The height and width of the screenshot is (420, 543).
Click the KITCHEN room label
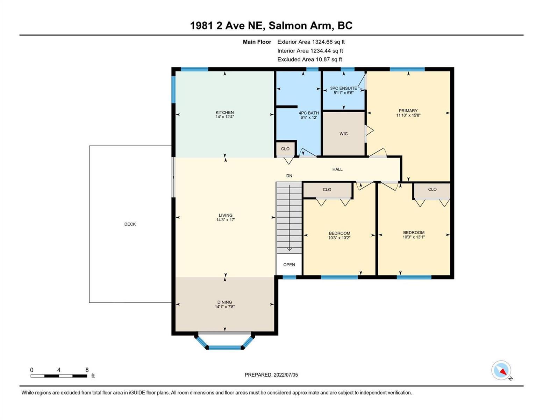pos(224,112)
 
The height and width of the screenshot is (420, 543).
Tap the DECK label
pos(130,224)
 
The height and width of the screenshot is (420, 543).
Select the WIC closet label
pos(343,134)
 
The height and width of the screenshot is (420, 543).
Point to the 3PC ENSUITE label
pos(343,88)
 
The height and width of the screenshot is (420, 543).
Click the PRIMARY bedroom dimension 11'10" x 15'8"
pos(408,115)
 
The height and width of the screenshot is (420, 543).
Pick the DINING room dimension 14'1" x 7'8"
pos(224,307)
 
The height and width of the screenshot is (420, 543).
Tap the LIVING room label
pos(226,215)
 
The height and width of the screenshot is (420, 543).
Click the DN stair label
pos(289,176)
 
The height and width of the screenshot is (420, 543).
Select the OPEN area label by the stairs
pos(289,265)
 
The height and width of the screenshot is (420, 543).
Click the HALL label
pos(337,169)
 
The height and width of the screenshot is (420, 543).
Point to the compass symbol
pos(501,370)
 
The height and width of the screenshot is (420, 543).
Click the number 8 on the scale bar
pos(87,370)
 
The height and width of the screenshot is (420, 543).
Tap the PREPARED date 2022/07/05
pos(286,375)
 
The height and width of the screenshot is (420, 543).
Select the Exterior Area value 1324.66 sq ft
pos(328,42)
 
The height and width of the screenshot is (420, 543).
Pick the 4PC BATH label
pos(309,113)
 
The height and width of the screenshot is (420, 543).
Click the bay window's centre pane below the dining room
pos(224,348)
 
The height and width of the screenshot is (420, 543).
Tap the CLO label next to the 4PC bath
pos(285,149)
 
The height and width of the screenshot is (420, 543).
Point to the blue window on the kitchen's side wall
pos(173,89)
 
